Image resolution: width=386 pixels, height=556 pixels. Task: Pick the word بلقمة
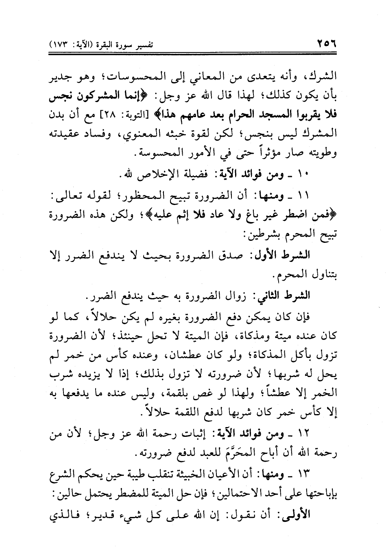180,394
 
